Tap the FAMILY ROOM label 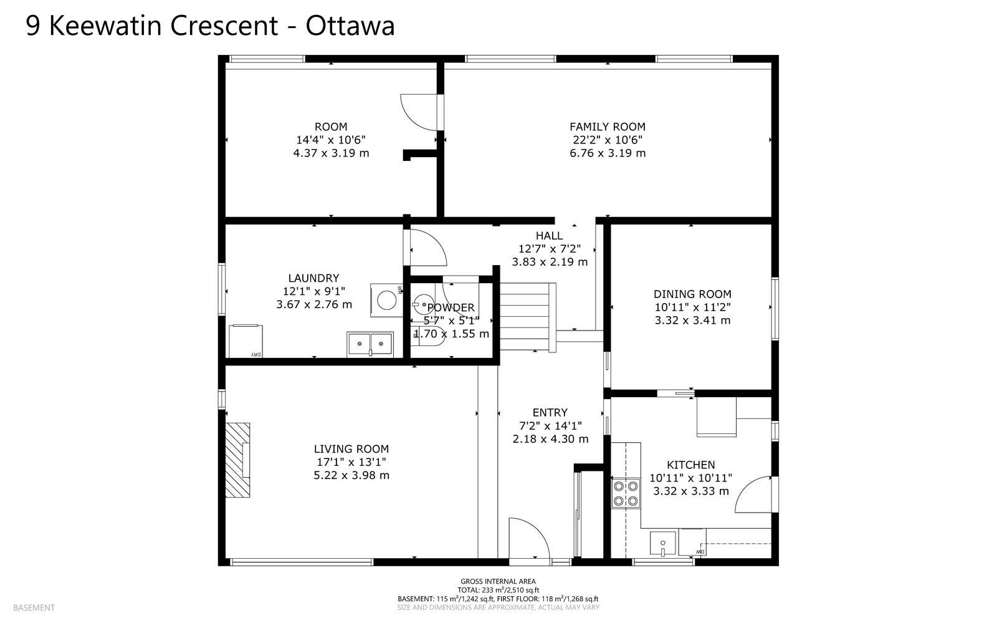pyautogui.click(x=608, y=127)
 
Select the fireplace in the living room pyautogui.click(x=237, y=460)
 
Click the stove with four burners pyautogui.click(x=626, y=493)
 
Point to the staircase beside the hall pyautogui.click(x=528, y=317)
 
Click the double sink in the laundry pyautogui.click(x=370, y=344)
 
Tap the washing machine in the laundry pyautogui.click(x=386, y=300)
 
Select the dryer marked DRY pyautogui.click(x=246, y=341)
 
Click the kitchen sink pyautogui.click(x=663, y=544)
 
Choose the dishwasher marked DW pyautogui.click(x=692, y=543)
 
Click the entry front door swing pyautogui.click(x=530, y=538)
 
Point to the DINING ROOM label pyautogui.click(x=692, y=294)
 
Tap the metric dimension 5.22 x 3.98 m pyautogui.click(x=351, y=476)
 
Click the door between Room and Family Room pyautogui.click(x=421, y=112)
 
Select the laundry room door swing pyautogui.click(x=427, y=248)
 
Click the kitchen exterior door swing pyautogui.click(x=754, y=495)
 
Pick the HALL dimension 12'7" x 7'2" pyautogui.click(x=550, y=249)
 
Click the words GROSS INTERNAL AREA pyautogui.click(x=498, y=581)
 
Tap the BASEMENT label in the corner pyautogui.click(x=34, y=608)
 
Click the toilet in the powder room pyautogui.click(x=428, y=336)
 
